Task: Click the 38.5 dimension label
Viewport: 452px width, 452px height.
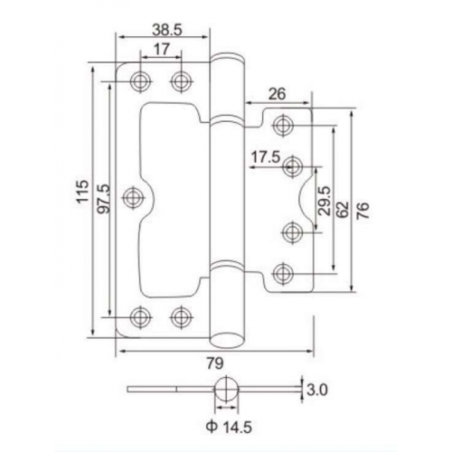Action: tap(167, 30)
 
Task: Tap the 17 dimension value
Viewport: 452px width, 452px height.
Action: tap(162, 49)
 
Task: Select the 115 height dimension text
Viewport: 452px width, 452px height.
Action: tap(83, 191)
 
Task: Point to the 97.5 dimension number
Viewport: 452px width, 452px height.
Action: tap(105, 199)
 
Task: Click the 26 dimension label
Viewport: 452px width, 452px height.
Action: tap(277, 94)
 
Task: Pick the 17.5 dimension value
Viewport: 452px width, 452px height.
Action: tap(266, 157)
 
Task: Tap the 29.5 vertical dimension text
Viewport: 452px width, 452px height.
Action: tap(325, 201)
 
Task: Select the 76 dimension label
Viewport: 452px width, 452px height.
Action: tap(363, 211)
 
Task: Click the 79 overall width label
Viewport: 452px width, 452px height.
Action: tap(215, 363)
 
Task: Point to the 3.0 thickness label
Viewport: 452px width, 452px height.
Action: tap(317, 390)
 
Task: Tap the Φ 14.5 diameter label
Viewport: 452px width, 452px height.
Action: tap(229, 427)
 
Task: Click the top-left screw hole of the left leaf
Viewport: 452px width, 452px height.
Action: tap(140, 81)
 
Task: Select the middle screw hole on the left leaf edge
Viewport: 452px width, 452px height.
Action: tap(133, 197)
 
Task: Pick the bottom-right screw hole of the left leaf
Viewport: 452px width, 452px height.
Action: tap(181, 317)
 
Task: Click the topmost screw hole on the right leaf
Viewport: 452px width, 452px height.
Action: tap(283, 125)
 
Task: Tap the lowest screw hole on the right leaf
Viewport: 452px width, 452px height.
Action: tap(283, 274)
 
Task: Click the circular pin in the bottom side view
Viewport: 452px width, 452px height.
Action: tap(226, 390)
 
